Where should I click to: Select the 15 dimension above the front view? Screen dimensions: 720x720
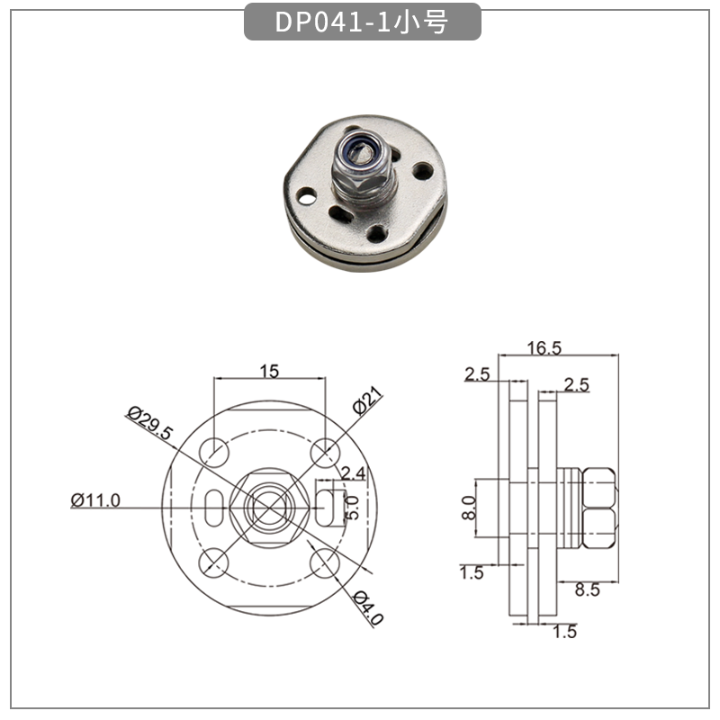point(269,370)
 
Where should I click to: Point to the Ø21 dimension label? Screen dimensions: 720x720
point(369,401)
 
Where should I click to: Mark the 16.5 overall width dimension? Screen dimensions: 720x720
point(544,347)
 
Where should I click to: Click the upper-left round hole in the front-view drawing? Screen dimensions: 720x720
point(213,450)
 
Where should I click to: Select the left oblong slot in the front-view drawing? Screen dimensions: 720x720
point(213,507)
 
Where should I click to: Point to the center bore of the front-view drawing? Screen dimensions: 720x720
point(269,507)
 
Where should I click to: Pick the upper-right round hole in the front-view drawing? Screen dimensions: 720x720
point(324,450)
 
